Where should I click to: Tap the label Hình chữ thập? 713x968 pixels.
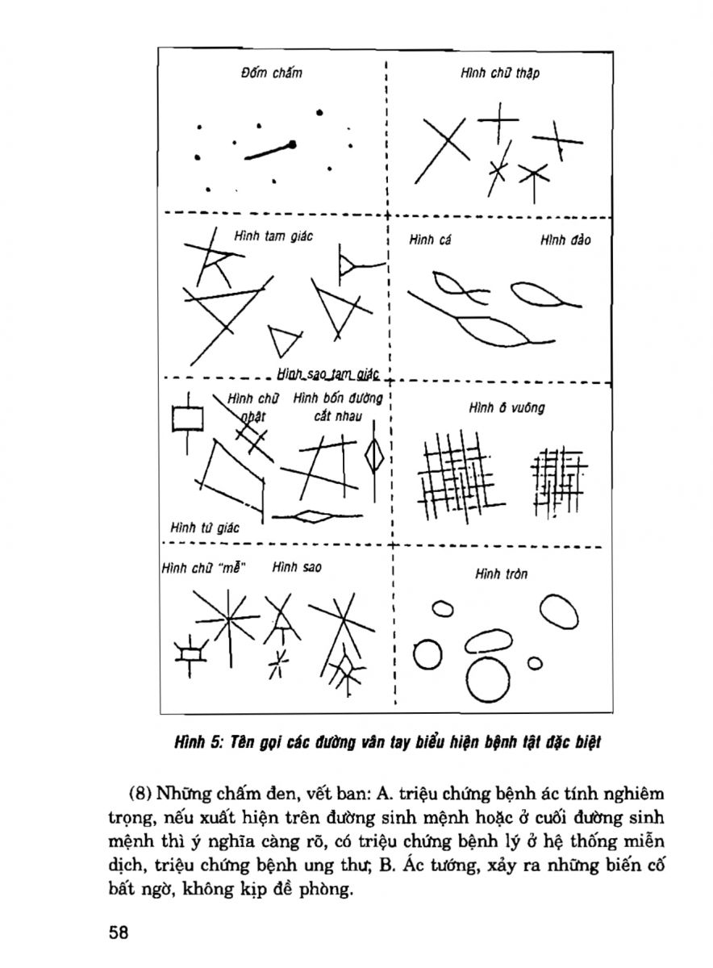click(x=500, y=73)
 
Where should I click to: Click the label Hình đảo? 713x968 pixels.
click(x=565, y=240)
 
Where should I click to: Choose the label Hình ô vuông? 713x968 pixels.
click(x=506, y=408)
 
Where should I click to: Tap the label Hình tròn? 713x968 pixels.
click(x=501, y=574)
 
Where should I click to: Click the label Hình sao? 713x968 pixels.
click(x=297, y=568)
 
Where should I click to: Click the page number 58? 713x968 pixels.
click(x=119, y=933)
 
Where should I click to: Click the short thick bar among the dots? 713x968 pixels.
click(x=269, y=150)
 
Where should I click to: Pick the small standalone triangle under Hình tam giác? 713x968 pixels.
click(x=284, y=339)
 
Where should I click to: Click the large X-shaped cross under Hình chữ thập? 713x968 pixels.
click(x=441, y=149)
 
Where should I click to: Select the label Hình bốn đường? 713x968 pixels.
click(x=326, y=398)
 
